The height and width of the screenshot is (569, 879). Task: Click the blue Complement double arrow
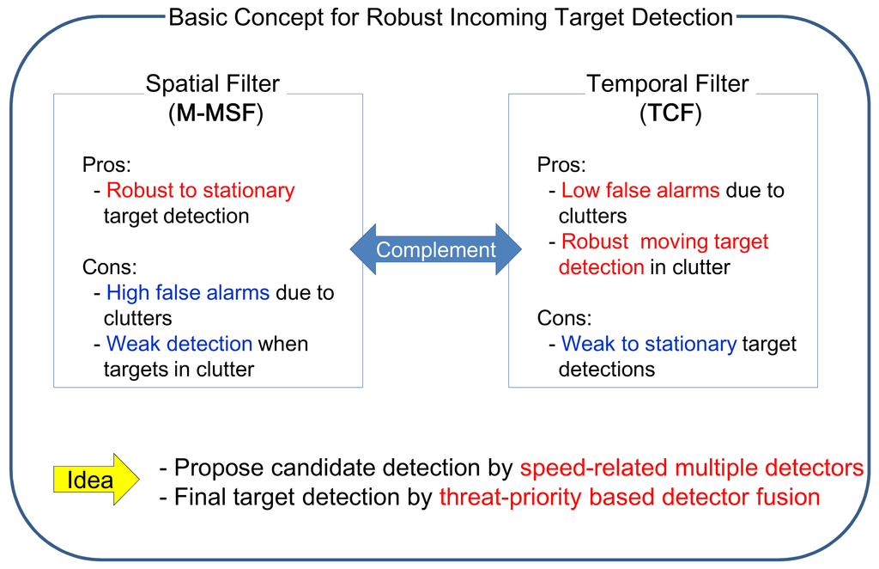coord(436,250)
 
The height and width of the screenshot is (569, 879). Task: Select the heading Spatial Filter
coord(212,84)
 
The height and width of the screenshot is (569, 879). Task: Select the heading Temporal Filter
coord(667,84)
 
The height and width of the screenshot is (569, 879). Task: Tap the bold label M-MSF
coord(215,113)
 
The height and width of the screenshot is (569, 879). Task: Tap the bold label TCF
coord(670,113)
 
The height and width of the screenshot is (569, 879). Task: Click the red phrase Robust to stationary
coord(200,190)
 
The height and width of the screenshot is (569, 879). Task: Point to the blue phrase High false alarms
coord(188,292)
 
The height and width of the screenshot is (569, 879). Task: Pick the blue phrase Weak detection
coord(179,344)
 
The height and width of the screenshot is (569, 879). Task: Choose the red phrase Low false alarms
coord(640,190)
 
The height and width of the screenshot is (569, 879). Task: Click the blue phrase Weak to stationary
coord(648,344)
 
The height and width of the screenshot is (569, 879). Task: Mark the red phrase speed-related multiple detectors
coord(692,468)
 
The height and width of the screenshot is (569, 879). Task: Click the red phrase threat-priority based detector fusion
coord(629,497)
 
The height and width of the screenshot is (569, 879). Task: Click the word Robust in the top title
coord(403,17)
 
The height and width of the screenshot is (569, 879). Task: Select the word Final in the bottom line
coord(199,497)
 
